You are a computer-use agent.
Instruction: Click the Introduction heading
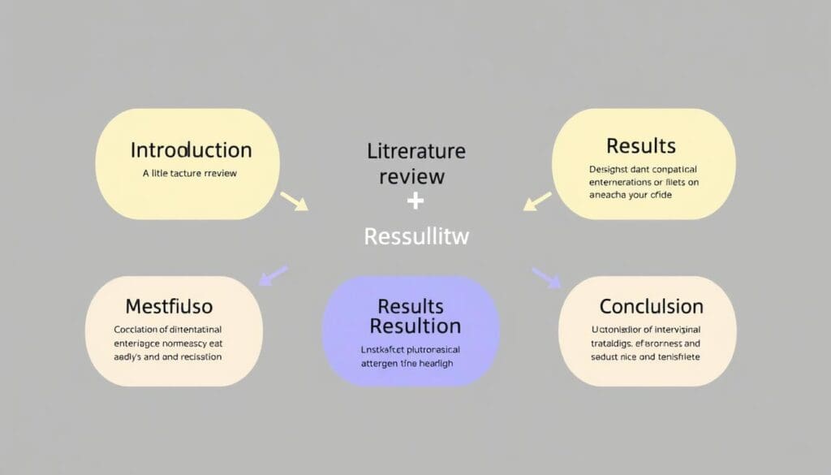pyautogui.click(x=191, y=150)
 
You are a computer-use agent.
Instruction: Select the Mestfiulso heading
pyautogui.click(x=169, y=307)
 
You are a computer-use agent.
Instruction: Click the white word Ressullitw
pyautogui.click(x=417, y=236)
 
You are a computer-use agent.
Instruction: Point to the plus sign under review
pyautogui.click(x=415, y=202)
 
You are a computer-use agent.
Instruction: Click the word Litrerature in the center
pyautogui.click(x=415, y=151)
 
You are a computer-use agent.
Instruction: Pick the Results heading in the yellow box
pyautogui.click(x=640, y=146)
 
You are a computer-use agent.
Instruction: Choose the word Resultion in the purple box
pyautogui.click(x=415, y=326)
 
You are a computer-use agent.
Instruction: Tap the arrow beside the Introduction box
pyautogui.click(x=294, y=201)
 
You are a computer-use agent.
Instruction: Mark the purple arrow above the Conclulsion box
pyautogui.click(x=546, y=277)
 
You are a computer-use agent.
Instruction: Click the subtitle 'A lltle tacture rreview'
pyautogui.click(x=190, y=173)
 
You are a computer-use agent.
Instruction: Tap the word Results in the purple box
pyautogui.click(x=411, y=306)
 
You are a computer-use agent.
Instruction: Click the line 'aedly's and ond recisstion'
pyautogui.click(x=168, y=356)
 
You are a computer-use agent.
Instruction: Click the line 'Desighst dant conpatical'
pyautogui.click(x=643, y=170)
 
